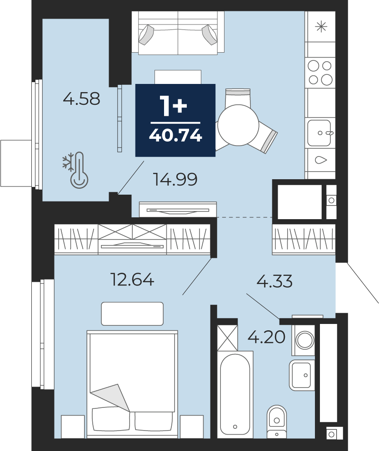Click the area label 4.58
(x=81, y=98)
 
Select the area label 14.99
(x=175, y=179)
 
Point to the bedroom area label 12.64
(x=132, y=279)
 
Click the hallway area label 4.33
(x=274, y=281)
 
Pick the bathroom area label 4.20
(x=267, y=337)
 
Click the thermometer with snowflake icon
(x=75, y=170)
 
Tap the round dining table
(x=238, y=125)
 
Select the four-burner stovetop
(x=320, y=73)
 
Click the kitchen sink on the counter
(x=319, y=133)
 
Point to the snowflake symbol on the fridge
(x=321, y=27)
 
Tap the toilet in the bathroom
(x=276, y=422)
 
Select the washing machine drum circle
(x=305, y=340)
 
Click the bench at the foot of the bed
(x=132, y=314)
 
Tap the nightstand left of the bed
(x=73, y=427)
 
